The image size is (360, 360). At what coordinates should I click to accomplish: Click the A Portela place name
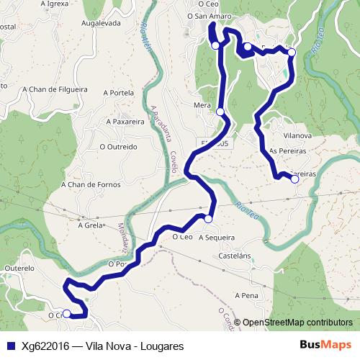(x=120, y=93)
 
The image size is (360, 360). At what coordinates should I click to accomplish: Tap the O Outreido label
(x=118, y=147)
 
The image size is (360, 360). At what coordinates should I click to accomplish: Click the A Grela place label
(x=91, y=225)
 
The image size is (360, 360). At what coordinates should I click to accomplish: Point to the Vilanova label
(x=297, y=135)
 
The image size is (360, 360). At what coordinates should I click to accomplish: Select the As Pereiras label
(x=287, y=151)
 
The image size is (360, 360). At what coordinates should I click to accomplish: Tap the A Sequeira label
(x=217, y=237)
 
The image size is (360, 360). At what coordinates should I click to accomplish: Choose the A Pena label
(x=246, y=296)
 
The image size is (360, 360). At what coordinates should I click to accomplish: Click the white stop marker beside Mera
(x=220, y=112)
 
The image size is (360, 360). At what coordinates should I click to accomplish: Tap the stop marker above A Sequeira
(x=208, y=219)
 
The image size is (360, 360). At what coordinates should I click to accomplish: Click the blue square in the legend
(x=12, y=346)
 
